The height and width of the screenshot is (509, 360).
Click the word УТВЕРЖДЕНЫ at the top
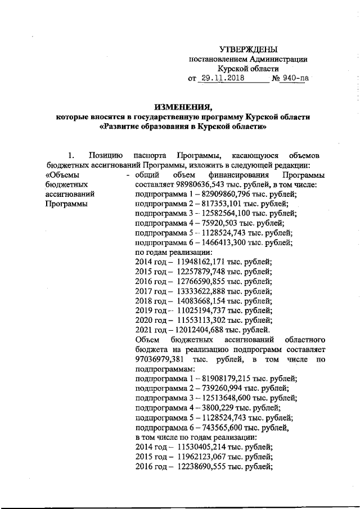[x=248, y=49]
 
